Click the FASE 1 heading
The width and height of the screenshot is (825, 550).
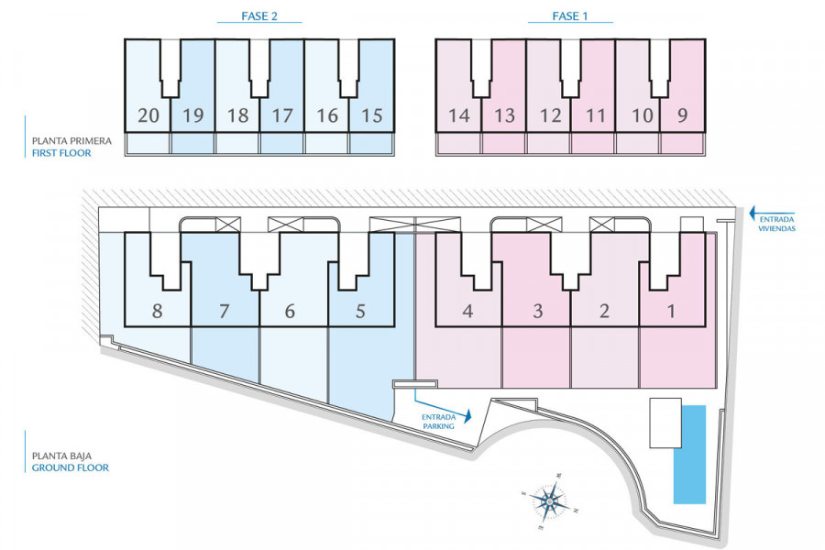click(x=570, y=16)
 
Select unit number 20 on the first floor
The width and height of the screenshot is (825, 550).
click(x=148, y=115)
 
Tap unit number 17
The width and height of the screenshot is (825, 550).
click(x=281, y=115)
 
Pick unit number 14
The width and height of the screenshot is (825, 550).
click(x=458, y=115)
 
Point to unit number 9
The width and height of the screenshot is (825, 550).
click(x=682, y=115)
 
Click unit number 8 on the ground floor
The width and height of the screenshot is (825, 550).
click(x=158, y=312)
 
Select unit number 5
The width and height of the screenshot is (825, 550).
click(x=359, y=312)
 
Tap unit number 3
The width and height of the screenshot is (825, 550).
click(x=537, y=312)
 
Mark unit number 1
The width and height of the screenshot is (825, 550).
click(x=671, y=312)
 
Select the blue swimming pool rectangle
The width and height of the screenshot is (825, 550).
click(x=690, y=454)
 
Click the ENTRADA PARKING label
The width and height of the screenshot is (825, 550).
click(x=437, y=421)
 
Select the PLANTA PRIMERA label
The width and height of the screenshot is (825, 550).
click(x=71, y=141)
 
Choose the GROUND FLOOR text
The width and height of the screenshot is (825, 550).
click(x=70, y=467)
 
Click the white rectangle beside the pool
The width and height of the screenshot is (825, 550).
click(x=665, y=423)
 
